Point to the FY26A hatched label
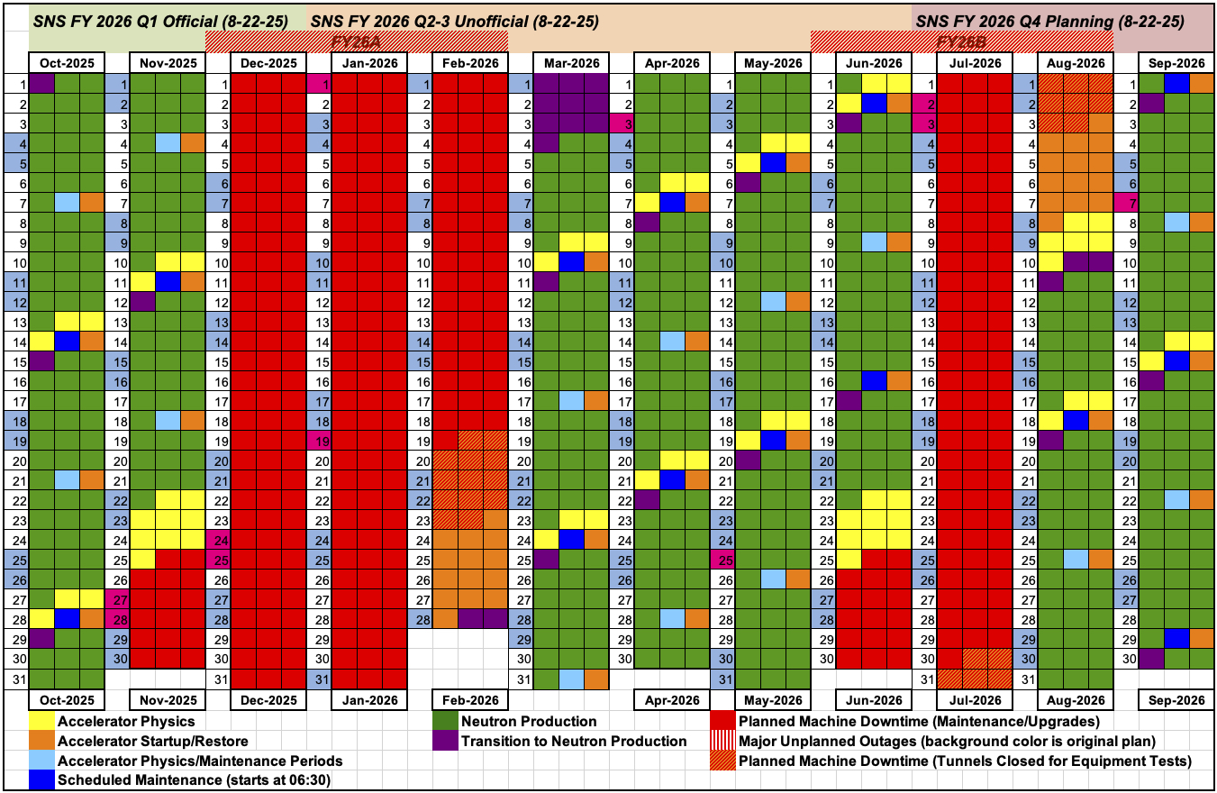coord(357,41)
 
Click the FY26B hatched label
coord(962,41)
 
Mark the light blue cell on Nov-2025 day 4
coord(168,141)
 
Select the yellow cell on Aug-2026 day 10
coord(1050,261)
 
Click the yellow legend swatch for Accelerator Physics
coord(41,721)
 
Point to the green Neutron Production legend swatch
coord(445,721)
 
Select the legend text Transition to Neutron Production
coord(573,741)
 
